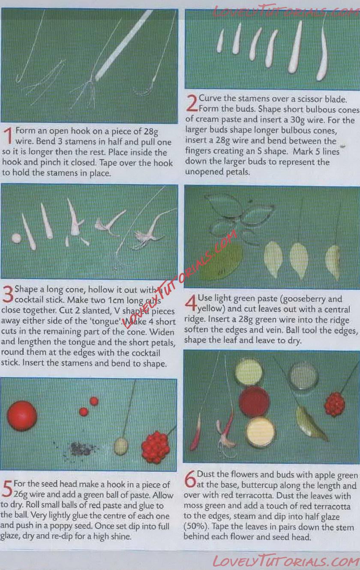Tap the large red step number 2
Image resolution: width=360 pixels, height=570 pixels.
pos(192,103)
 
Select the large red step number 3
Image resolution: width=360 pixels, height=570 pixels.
pos(8,294)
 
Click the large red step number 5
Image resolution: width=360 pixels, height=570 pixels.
pos(7,489)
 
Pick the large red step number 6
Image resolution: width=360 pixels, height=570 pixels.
pos(190,479)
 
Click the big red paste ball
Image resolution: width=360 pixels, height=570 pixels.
pos(22,416)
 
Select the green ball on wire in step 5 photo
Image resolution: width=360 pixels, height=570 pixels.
pos(121,446)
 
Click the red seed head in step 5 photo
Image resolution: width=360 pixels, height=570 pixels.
pos(156,447)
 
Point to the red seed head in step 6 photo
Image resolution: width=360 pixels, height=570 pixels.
pos(335,405)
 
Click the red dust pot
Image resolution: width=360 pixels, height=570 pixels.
pos(254,401)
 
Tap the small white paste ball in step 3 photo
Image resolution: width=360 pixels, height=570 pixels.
pos(17,238)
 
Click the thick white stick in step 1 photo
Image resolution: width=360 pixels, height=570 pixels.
pos(124,45)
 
